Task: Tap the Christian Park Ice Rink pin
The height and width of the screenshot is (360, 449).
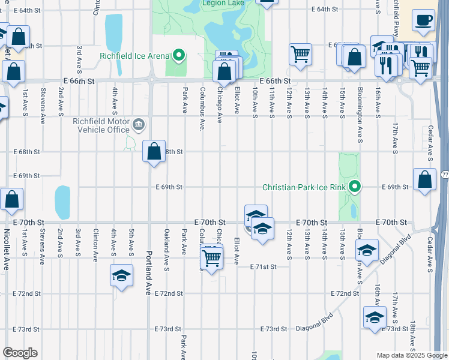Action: pyautogui.click(x=355, y=187)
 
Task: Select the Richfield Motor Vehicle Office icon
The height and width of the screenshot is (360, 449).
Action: pyautogui.click(x=139, y=125)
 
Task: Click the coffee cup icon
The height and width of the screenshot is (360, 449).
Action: pyautogui.click(x=423, y=20)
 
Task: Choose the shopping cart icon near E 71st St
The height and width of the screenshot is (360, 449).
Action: pyautogui.click(x=211, y=258)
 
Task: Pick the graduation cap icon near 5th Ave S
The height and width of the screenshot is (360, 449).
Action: pyautogui.click(x=121, y=276)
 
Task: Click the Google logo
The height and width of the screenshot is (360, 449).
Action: pyautogui.click(x=20, y=353)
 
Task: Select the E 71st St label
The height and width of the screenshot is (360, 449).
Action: pyautogui.click(x=264, y=266)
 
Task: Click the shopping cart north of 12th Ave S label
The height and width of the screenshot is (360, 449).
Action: pyautogui.click(x=300, y=55)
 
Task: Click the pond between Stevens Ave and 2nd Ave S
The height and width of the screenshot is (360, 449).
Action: pyautogui.click(x=62, y=202)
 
